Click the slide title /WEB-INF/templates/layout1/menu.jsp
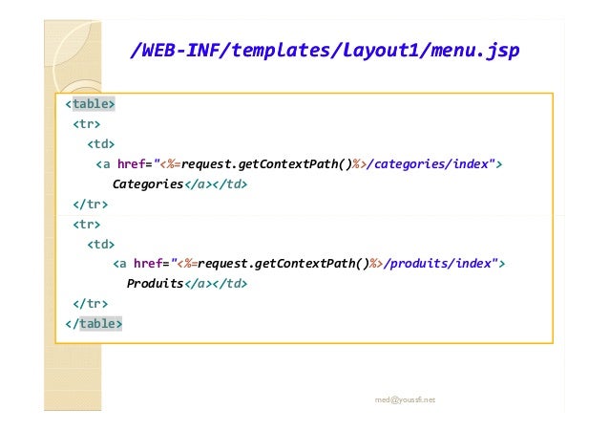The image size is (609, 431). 325,51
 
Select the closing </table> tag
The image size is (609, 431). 94,323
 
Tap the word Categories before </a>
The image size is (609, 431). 147,183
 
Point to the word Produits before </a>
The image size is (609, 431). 155,284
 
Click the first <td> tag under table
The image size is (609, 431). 100,144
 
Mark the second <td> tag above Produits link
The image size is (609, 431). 100,244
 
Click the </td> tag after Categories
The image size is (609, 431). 229,183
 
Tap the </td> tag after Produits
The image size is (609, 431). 230,284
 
